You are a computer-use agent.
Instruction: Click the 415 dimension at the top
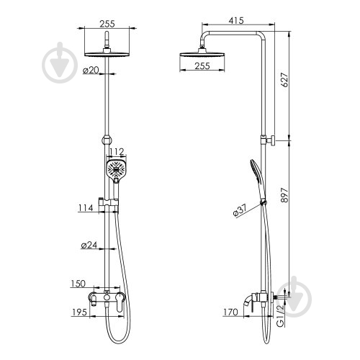pos(236,21)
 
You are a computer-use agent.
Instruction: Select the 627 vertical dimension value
pos(284,80)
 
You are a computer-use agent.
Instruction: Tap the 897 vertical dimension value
pos(284,195)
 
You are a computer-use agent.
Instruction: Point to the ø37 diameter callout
pos(240,211)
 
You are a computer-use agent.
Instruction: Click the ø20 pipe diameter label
pos(91,70)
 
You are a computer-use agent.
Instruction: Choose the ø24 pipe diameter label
pos(89,245)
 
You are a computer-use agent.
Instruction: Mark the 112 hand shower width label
pos(117,152)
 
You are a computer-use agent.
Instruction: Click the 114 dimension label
pos(86,208)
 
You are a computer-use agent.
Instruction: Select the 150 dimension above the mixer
pos(78,284)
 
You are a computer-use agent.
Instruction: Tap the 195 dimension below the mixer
pos(79,312)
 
